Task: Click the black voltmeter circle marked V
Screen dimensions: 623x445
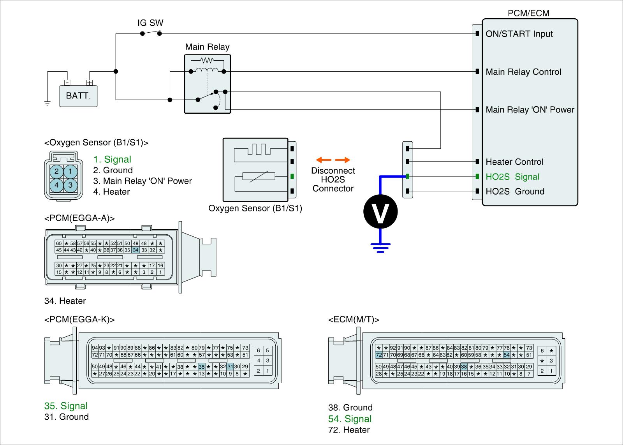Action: point(380,212)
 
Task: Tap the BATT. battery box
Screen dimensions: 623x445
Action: point(78,96)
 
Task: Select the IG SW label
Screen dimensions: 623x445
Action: point(150,23)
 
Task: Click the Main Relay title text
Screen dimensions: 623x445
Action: point(207,47)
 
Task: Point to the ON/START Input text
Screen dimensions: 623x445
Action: point(519,34)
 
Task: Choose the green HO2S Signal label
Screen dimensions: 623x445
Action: point(512,177)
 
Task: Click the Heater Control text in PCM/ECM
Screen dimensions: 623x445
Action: point(514,162)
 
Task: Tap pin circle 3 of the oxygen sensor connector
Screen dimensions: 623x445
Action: point(70,185)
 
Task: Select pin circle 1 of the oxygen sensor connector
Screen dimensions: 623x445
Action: point(70,171)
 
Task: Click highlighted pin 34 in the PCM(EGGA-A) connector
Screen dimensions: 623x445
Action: point(136,250)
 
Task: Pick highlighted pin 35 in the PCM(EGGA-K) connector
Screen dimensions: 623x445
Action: point(202,367)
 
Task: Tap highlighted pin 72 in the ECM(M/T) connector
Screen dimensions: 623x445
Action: point(378,355)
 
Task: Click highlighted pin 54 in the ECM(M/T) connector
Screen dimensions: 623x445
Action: point(507,355)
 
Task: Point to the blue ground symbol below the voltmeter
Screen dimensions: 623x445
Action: point(380,248)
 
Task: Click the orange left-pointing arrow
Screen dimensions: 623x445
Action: point(324,160)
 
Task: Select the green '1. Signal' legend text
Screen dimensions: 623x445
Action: point(112,159)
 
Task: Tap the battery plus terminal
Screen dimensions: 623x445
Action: point(90,83)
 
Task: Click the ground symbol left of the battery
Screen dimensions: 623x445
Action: point(48,104)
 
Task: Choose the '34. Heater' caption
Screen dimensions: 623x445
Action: point(65,301)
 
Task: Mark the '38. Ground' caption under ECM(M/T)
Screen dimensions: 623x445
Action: point(350,408)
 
